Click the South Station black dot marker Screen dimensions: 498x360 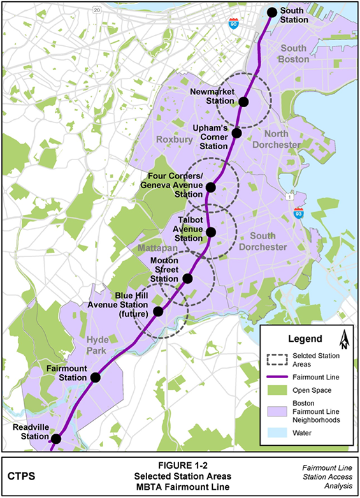[271, 12]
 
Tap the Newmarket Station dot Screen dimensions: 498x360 [243, 102]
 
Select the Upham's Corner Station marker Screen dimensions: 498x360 [236, 133]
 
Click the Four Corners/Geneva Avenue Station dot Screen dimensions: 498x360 [211, 187]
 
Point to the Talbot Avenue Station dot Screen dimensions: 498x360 [211, 232]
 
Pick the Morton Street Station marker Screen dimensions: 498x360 [187, 278]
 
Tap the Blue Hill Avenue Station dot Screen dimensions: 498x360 [158, 311]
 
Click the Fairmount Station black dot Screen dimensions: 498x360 [96, 377]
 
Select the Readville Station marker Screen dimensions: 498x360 [56, 438]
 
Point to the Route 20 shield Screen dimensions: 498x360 [96, 10]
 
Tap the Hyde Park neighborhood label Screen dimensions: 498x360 [100, 347]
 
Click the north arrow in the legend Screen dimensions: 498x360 [343, 340]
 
